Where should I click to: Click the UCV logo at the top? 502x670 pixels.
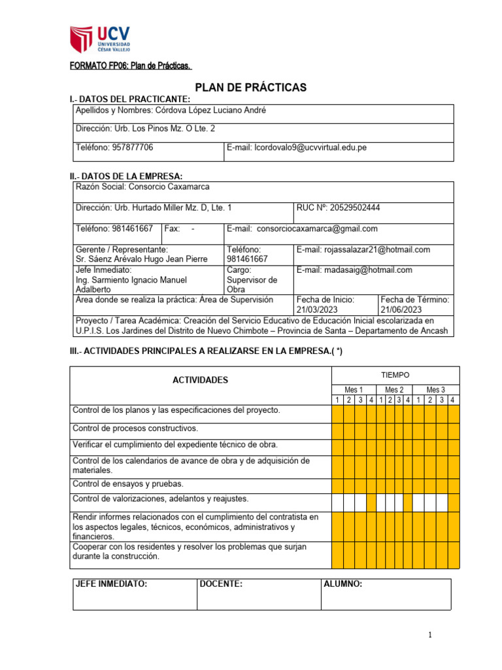100,40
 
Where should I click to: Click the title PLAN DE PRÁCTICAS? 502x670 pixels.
251,88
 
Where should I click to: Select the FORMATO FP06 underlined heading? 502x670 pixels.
131,66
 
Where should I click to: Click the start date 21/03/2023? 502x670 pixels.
319,309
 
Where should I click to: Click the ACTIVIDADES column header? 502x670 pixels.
200,379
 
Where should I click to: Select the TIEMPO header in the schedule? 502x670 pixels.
395,375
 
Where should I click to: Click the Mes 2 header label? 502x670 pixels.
395,389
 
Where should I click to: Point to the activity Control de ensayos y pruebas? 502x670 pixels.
127,484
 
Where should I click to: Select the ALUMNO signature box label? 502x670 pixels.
343,584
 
